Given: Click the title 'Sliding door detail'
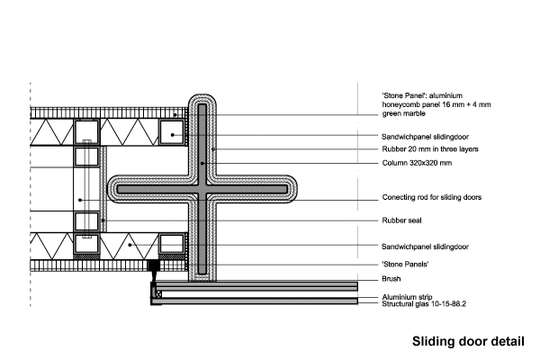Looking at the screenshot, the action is (x=468, y=341).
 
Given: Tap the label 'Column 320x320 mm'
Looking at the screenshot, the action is (x=417, y=163).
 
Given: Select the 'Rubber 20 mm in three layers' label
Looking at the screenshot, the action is (x=430, y=149).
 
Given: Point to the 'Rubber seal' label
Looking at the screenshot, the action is (x=401, y=220).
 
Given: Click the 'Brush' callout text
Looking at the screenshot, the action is (x=391, y=279).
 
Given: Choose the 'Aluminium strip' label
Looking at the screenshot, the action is (x=407, y=297).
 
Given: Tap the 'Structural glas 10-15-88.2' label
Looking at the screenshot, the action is (x=424, y=304).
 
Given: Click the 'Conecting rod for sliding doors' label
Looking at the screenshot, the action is (x=431, y=197).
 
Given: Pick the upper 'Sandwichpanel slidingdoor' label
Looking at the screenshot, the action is (x=425, y=137).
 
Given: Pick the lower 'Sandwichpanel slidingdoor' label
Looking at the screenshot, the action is (x=425, y=247).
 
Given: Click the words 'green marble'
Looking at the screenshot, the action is (x=403, y=113).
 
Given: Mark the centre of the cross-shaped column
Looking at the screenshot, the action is (x=202, y=189).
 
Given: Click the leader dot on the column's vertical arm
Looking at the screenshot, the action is (x=202, y=163).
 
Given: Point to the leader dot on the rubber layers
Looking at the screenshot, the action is (x=213, y=149).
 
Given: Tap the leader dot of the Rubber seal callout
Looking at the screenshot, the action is (x=103, y=220).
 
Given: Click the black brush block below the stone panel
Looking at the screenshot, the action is (x=154, y=265).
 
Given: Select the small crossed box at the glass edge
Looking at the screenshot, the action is (x=158, y=294).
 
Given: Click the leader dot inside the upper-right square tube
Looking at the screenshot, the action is (x=172, y=135).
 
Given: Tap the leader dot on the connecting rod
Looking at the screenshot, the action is (x=80, y=200).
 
